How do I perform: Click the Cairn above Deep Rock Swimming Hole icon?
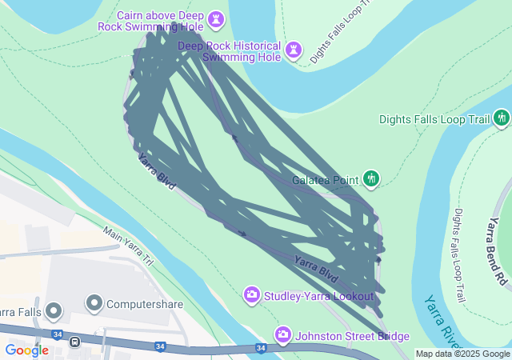(216, 18)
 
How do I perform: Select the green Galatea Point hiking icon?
(371, 178)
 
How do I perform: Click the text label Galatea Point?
(325, 181)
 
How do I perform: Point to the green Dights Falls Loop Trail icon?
(502, 119)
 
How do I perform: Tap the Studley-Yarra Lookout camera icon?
(252, 296)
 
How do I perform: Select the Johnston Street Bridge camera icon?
(283, 334)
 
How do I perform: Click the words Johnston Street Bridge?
(352, 336)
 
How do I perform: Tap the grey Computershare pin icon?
(94, 304)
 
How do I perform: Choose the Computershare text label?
(145, 305)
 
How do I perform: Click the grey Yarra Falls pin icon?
(54, 310)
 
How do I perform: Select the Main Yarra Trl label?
(128, 246)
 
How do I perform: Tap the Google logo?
(26, 350)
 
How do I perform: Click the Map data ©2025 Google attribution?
(462, 354)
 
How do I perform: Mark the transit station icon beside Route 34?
(74, 342)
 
